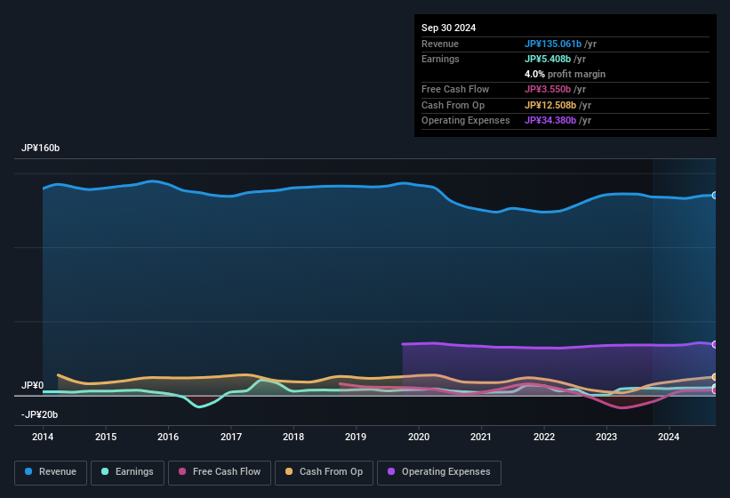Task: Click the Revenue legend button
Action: point(51,472)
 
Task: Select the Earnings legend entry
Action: point(126,472)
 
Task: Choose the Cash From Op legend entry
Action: point(324,472)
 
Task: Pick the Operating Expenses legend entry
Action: point(439,472)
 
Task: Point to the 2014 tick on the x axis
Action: point(43,437)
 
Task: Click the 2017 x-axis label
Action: point(231,437)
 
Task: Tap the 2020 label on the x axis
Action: point(419,437)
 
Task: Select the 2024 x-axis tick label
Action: point(669,437)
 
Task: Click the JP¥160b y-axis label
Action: point(41,148)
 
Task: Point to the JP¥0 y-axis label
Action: point(33,385)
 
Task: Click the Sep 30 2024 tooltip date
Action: point(448,28)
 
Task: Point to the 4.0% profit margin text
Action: point(565,74)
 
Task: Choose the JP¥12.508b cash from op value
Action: point(556,105)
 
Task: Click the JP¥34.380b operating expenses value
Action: point(556,120)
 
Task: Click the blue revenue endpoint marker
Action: point(715,195)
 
